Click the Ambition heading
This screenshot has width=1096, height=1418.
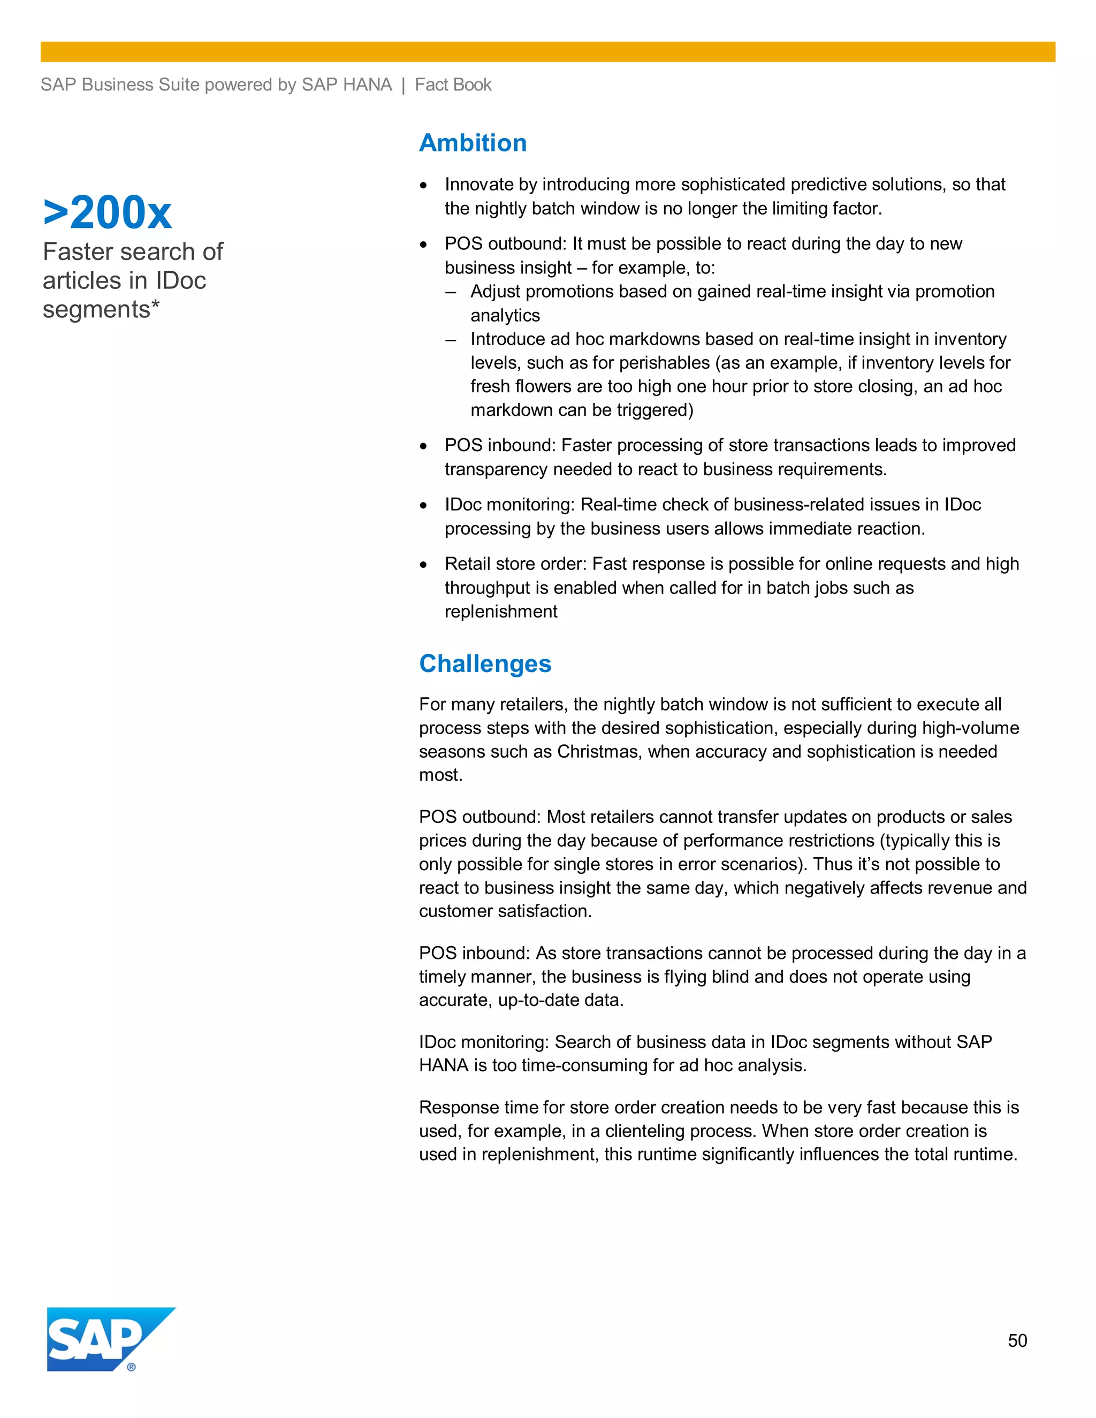(473, 143)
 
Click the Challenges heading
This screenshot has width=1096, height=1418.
(485, 664)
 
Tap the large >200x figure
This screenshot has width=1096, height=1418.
(108, 213)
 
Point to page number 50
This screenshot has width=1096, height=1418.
(1017, 1341)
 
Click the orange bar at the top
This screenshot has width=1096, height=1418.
(547, 52)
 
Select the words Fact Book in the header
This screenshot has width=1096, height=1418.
(453, 85)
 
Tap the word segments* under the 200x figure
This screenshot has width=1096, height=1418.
(101, 310)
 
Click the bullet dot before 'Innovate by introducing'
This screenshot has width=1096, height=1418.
(423, 186)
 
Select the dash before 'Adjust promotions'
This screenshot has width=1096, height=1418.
(451, 292)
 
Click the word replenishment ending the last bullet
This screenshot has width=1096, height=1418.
(500, 612)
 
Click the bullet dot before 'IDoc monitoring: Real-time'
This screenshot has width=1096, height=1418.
(423, 506)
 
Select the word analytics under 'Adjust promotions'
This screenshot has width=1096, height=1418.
(505, 316)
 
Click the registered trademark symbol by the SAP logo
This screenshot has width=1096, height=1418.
(132, 1367)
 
